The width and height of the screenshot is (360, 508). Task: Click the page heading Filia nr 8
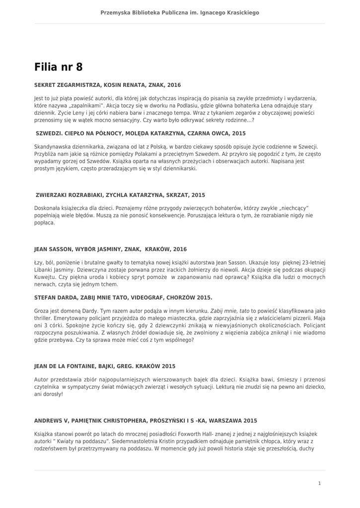coord(59,66)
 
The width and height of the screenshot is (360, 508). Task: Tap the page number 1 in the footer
coord(319,483)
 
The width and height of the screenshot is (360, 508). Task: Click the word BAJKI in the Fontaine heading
coord(116,366)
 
